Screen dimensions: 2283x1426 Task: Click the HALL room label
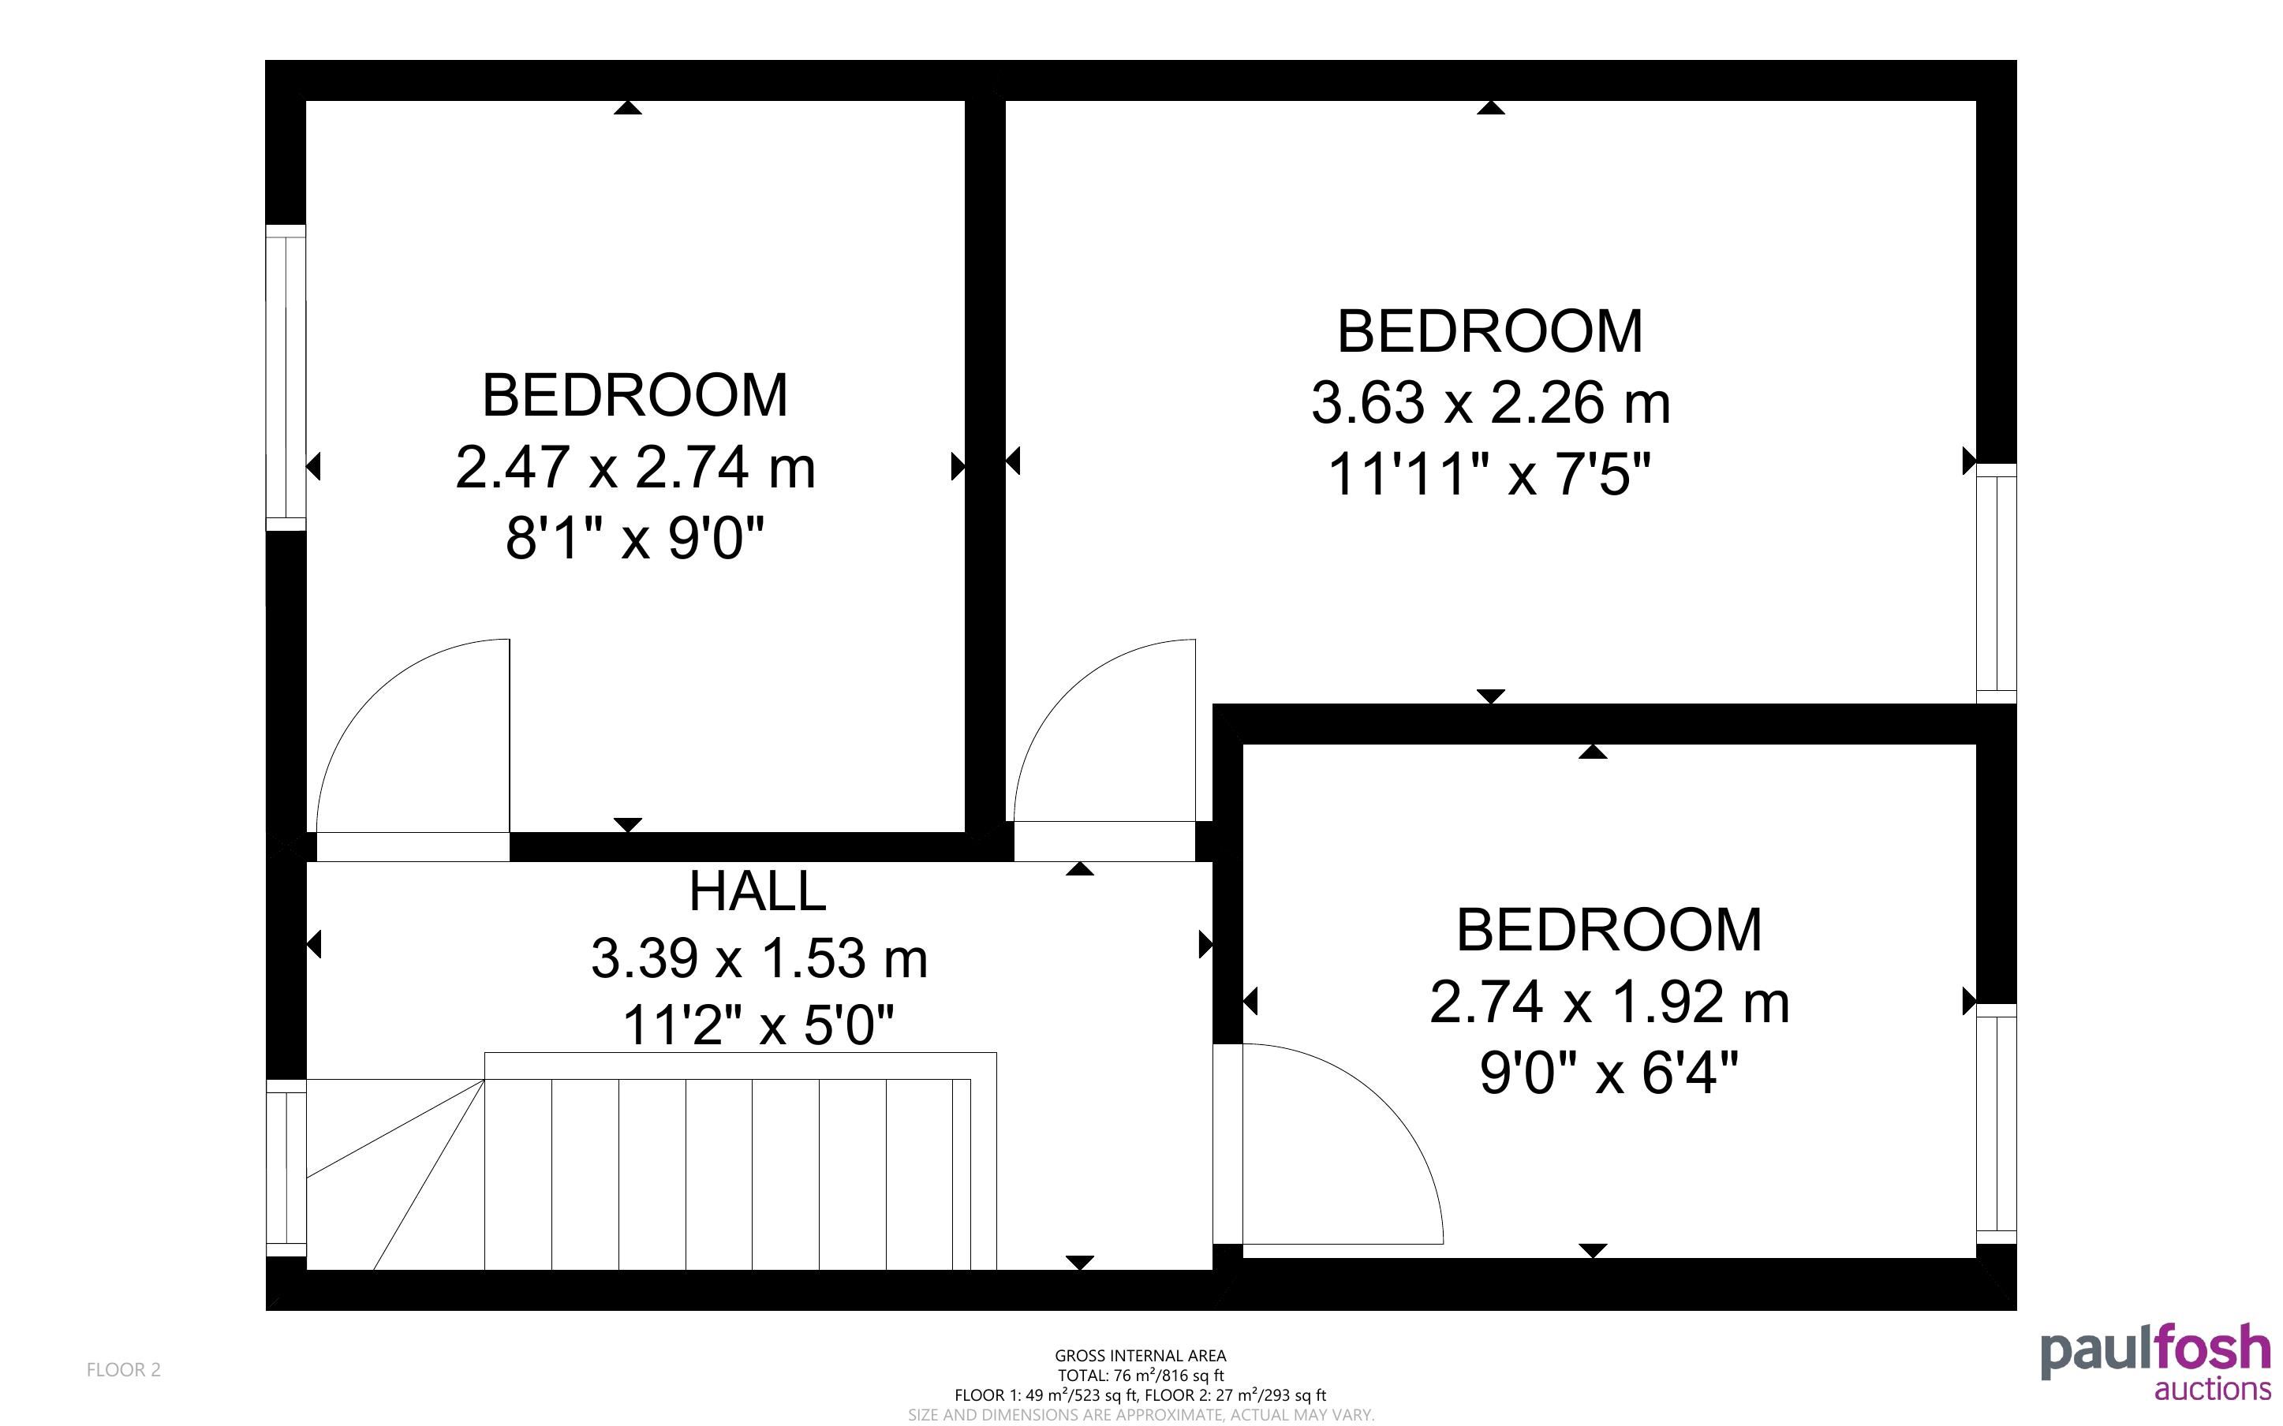[757, 891]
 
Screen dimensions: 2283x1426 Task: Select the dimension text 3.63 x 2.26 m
[1490, 403]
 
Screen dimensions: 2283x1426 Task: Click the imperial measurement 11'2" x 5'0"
[758, 1025]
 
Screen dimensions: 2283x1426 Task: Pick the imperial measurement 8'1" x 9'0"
[634, 539]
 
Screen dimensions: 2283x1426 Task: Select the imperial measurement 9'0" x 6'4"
[1609, 1073]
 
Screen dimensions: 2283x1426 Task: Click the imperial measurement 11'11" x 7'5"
[1490, 473]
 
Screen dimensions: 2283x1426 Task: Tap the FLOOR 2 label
[124, 1369]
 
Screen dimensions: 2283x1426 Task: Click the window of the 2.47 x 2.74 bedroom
[286, 377]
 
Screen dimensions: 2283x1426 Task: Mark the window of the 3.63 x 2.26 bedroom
[1997, 583]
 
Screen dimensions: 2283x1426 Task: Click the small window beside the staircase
[286, 1167]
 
